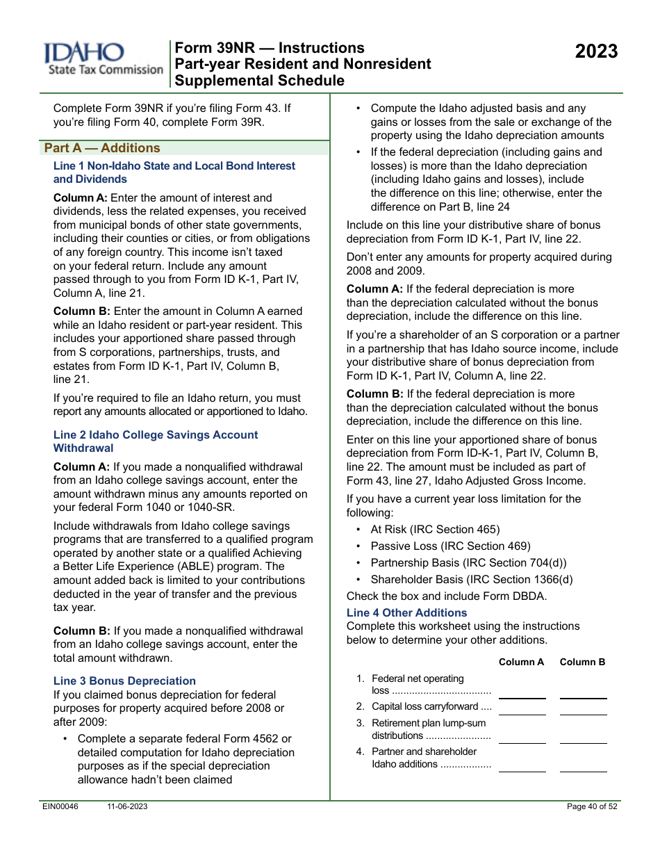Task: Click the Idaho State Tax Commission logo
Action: point(104,60)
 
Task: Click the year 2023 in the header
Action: point(596,51)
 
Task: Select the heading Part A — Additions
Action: point(102,148)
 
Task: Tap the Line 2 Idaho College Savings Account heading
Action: point(155,441)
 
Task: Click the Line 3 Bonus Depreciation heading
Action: point(124,681)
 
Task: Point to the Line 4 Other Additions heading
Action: point(406,612)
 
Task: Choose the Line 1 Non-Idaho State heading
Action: point(174,172)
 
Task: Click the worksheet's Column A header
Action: point(521,662)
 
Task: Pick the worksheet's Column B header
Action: point(582,662)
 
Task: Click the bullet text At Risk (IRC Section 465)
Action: point(435,530)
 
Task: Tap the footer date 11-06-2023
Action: point(127,806)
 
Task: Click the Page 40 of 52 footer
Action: point(592,806)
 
